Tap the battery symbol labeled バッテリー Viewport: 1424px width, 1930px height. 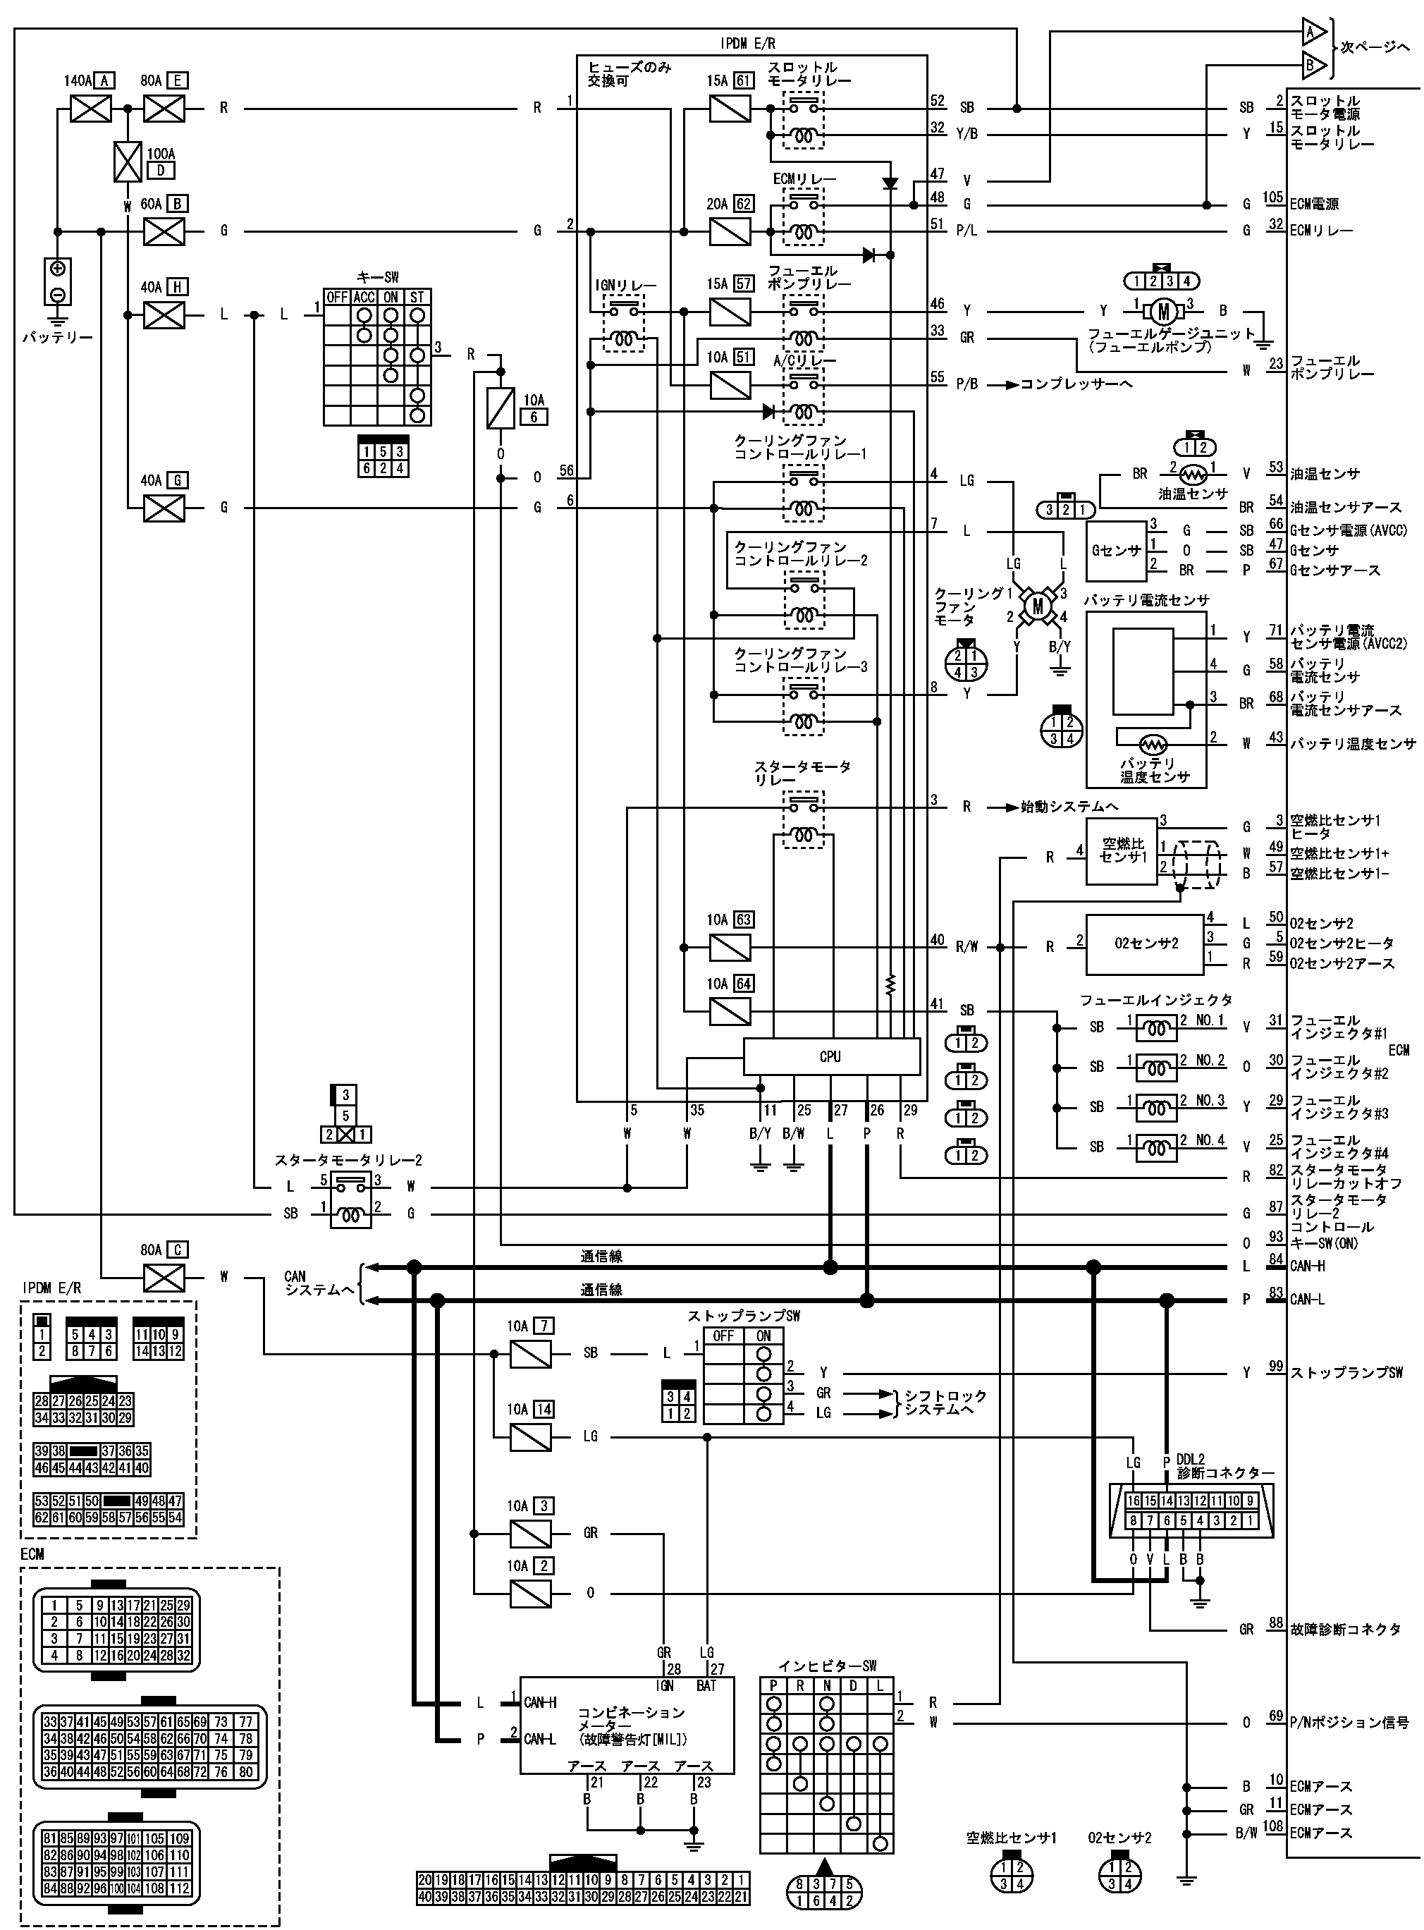click(58, 281)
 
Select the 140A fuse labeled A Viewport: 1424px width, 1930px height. click(90, 109)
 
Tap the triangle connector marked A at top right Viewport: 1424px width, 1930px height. click(1313, 32)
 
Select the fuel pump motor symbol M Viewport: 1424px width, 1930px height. click(1163, 311)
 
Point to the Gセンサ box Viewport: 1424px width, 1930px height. click(1116, 550)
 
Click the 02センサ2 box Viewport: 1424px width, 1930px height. click(1146, 943)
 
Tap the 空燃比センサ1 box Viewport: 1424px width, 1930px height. click(1122, 851)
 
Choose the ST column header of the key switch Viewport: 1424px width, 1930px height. click(417, 298)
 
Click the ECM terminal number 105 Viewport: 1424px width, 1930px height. click(1273, 198)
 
